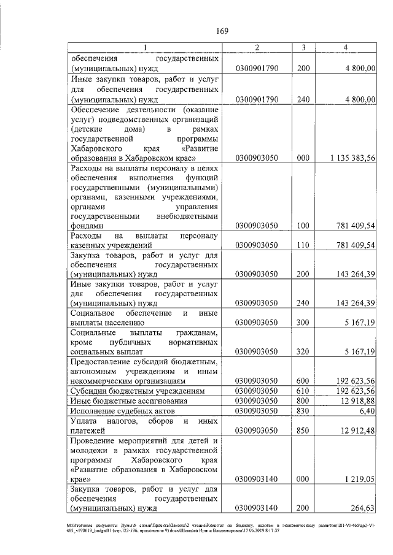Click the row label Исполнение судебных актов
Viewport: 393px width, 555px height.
(x=123, y=410)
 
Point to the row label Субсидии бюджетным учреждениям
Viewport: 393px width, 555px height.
(x=136, y=391)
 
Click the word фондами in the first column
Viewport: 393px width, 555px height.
(x=88, y=226)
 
